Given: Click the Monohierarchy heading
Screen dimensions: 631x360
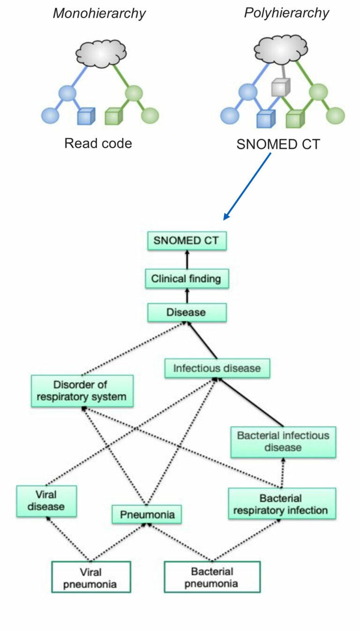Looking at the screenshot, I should click(x=98, y=13).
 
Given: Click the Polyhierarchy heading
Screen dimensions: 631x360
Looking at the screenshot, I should click(x=286, y=13).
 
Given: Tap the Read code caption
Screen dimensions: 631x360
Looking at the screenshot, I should click(x=98, y=143).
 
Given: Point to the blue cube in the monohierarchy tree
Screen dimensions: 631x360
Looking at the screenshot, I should click(x=86, y=116).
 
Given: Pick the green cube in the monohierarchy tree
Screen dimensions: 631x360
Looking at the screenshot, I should click(x=114, y=116).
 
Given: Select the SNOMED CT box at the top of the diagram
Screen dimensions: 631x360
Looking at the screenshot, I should click(x=187, y=241).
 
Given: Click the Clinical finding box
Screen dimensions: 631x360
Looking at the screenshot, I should click(x=186, y=279).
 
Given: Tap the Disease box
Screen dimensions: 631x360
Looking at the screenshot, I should click(x=187, y=312).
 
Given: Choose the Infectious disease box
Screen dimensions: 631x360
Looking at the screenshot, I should click(x=217, y=368).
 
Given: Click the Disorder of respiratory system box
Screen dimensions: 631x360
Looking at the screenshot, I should click(x=82, y=391).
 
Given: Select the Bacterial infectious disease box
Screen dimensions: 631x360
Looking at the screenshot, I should click(x=283, y=441).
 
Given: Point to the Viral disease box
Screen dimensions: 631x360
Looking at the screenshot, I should click(x=46, y=501).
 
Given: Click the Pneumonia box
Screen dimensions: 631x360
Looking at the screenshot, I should click(x=147, y=514).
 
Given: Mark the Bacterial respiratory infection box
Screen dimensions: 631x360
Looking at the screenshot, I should click(x=282, y=504).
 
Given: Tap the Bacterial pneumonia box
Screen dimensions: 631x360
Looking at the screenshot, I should click(x=212, y=578).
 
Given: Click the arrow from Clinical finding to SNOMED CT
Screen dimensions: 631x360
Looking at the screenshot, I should click(x=187, y=260).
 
